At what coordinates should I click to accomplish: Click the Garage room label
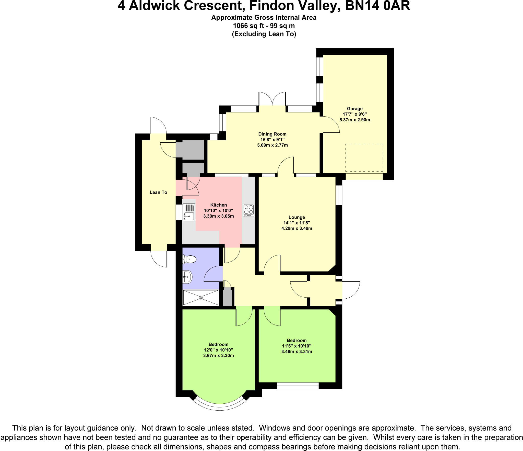(354, 109)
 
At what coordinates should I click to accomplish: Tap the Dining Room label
(272, 134)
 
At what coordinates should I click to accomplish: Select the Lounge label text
(296, 217)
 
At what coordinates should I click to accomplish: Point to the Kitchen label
(218, 205)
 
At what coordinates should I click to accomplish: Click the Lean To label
(158, 192)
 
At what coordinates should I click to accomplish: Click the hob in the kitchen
(248, 210)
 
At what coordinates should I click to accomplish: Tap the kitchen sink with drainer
(189, 212)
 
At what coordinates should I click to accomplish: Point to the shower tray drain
(201, 297)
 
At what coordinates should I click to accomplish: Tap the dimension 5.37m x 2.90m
(354, 120)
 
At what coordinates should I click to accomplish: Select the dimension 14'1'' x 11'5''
(296, 223)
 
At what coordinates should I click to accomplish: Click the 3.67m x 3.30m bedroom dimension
(218, 355)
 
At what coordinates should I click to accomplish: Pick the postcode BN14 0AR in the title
(377, 6)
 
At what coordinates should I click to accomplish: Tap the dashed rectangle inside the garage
(364, 157)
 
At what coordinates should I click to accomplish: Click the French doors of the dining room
(272, 99)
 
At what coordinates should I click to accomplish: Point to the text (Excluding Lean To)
(264, 34)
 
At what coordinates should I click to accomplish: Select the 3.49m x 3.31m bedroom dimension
(296, 352)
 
